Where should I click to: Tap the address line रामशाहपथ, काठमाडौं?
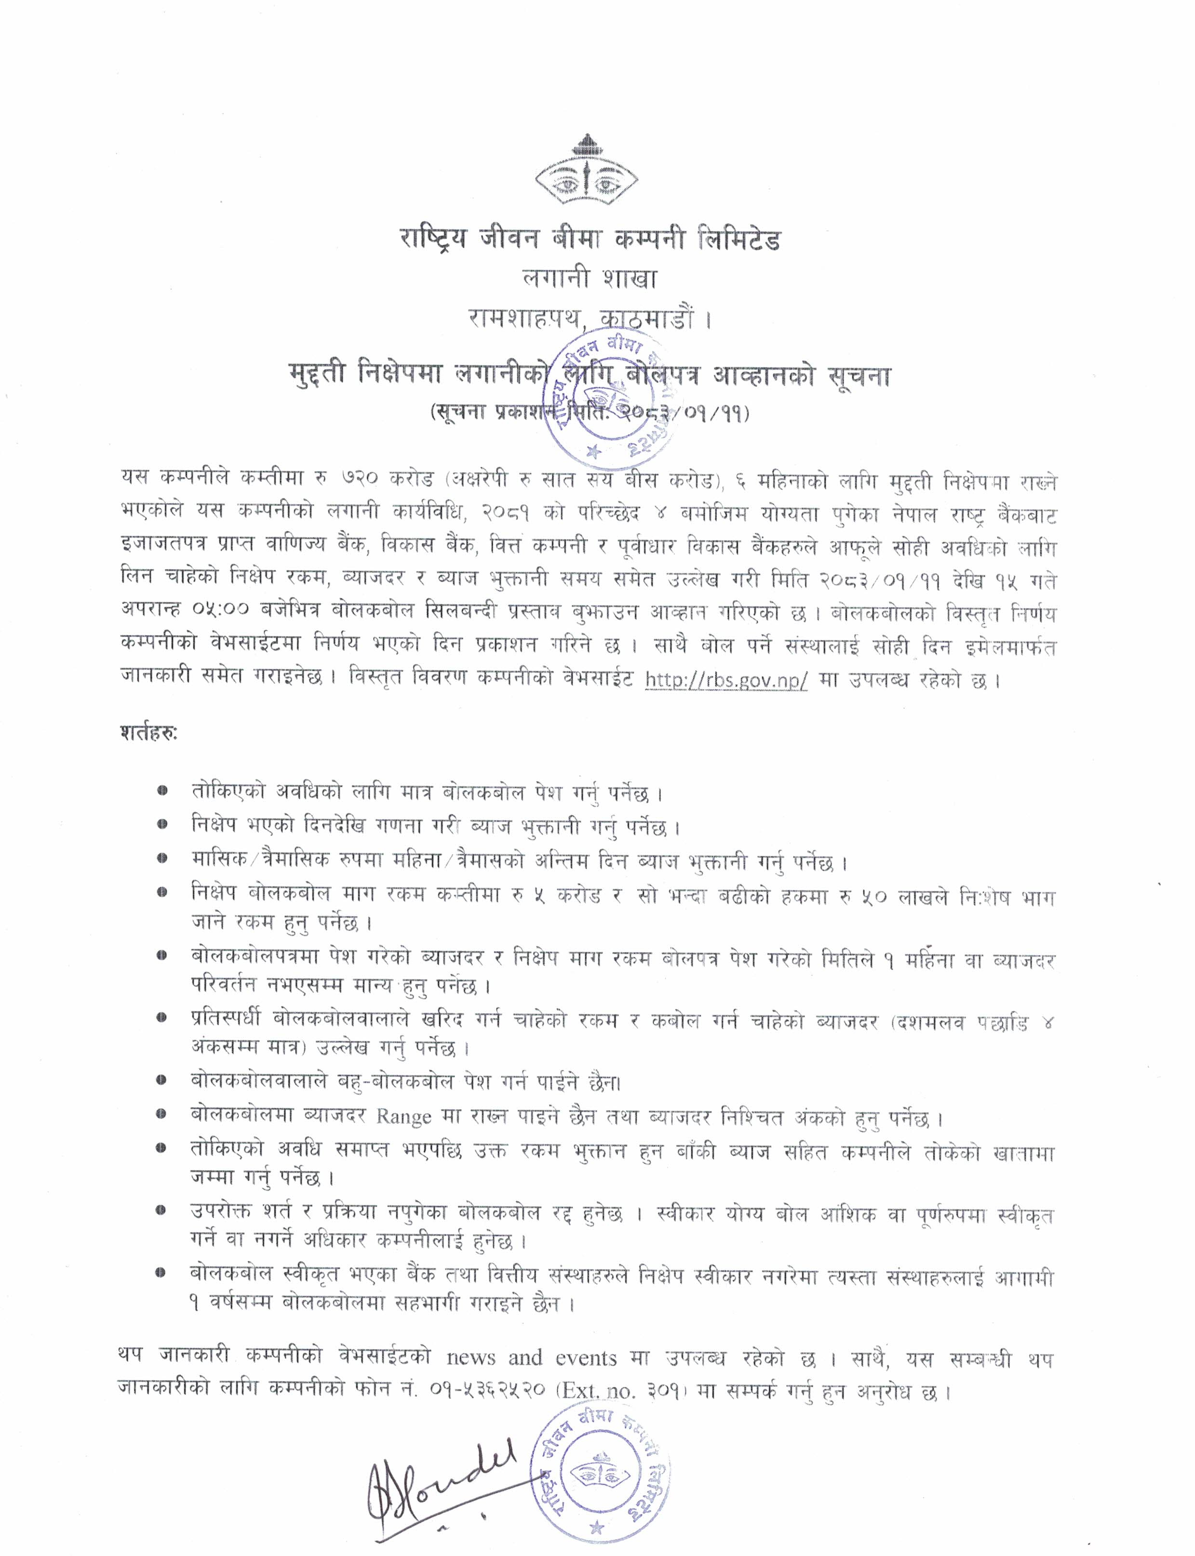pyautogui.click(x=589, y=318)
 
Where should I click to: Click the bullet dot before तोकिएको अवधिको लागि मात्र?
pyautogui.click(x=163, y=791)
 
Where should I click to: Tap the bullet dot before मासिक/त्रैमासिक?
pyautogui.click(x=163, y=859)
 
